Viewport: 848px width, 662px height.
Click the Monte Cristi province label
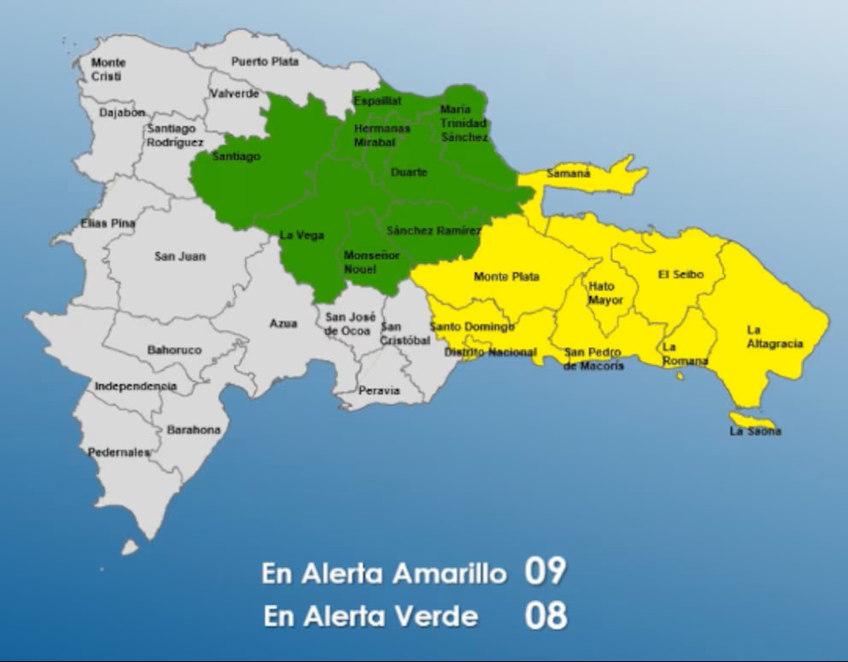pyautogui.click(x=109, y=69)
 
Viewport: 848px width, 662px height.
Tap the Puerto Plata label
pyautogui.click(x=265, y=62)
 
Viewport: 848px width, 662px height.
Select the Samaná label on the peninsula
pyautogui.click(x=568, y=174)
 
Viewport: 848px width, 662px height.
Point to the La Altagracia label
pyautogui.click(x=774, y=337)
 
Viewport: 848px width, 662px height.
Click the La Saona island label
pyautogui.click(x=755, y=431)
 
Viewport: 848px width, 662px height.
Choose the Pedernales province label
pyautogui.click(x=119, y=452)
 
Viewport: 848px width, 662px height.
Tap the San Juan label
pyautogui.click(x=180, y=256)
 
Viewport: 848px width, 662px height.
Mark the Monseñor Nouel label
pyautogui.click(x=371, y=262)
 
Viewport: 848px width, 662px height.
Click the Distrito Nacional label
pyautogui.click(x=491, y=352)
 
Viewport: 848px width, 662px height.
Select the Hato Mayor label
pyautogui.click(x=605, y=294)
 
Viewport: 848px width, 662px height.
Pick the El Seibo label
pyautogui.click(x=680, y=274)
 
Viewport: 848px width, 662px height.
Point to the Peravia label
pyautogui.click(x=379, y=390)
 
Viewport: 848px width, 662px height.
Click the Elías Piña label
pyautogui.click(x=108, y=223)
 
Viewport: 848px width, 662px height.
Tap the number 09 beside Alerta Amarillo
pyautogui.click(x=545, y=571)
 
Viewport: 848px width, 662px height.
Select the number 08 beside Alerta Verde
pyautogui.click(x=545, y=615)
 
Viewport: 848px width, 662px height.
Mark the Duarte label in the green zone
pyautogui.click(x=409, y=173)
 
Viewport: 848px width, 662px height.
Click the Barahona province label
pyautogui.click(x=193, y=430)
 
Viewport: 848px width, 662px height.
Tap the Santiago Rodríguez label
pyautogui.click(x=174, y=135)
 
